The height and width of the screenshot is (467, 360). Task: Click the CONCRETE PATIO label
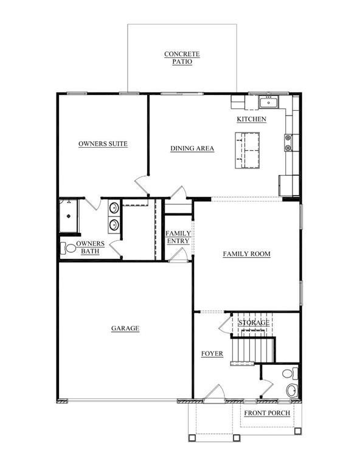182,58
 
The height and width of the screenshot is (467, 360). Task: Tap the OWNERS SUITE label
103,144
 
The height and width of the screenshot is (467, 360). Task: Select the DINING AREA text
192,148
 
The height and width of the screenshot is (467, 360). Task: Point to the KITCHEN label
251,119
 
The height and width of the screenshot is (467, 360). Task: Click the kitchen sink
269,102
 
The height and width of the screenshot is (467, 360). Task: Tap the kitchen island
247,150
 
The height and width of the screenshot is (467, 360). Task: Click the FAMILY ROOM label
246,254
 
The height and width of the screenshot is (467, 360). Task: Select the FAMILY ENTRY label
178,237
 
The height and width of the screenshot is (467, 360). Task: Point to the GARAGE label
125,328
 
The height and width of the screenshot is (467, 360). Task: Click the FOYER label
212,353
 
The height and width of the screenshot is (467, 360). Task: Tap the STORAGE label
254,322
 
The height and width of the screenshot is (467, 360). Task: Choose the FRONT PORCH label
267,413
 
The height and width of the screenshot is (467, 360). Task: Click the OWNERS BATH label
90,247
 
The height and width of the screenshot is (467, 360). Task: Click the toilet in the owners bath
68,248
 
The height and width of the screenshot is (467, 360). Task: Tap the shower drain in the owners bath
69,216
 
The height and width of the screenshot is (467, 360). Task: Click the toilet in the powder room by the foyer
290,373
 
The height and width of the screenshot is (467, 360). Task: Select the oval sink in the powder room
292,390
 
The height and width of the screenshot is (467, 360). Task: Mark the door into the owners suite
142,185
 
